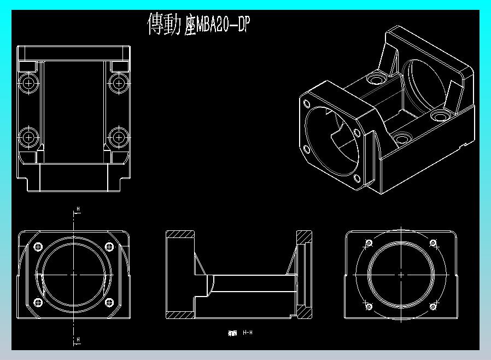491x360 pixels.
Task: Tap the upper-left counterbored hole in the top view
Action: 28,83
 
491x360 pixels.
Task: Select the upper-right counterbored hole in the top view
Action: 118,83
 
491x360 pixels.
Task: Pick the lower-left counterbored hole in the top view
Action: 28,136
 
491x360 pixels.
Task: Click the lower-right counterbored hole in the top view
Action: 118,136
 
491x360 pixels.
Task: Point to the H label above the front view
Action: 78,209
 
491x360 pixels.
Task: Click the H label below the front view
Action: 78,340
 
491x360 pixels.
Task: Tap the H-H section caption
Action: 248,333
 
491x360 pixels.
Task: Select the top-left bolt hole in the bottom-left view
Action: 38,245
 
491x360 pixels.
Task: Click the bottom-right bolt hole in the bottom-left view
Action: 108,302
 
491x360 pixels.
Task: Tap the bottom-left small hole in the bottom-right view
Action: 368,305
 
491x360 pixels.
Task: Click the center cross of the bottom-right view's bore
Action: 400,274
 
